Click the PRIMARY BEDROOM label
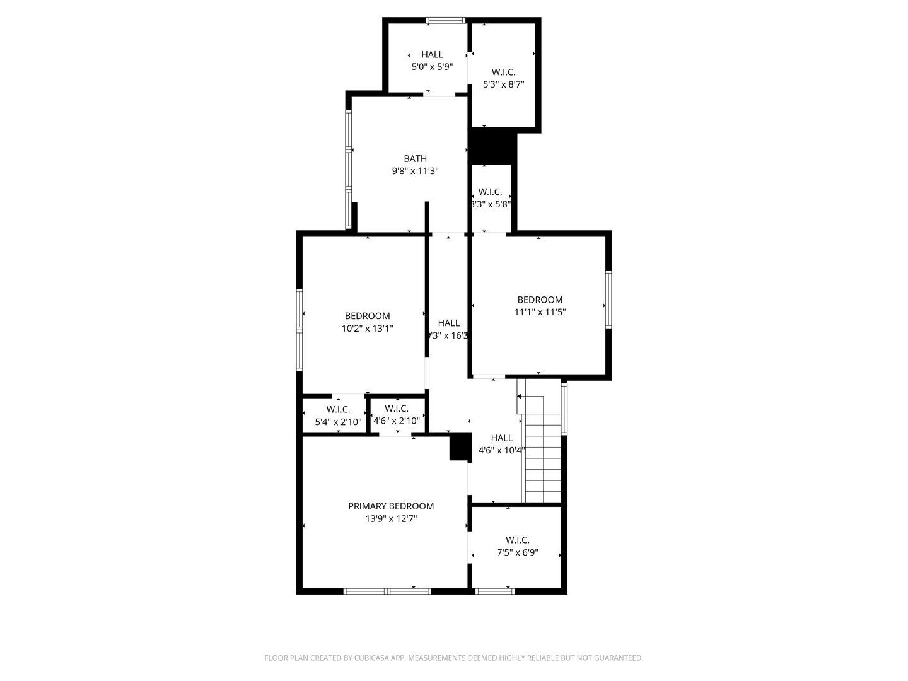coord(391,506)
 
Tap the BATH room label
coord(415,159)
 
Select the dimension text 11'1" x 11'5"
coord(540,311)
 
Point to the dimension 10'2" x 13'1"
coord(367,328)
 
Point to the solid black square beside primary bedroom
coord(460,446)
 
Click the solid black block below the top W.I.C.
coord(492,146)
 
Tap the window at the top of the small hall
coord(446,21)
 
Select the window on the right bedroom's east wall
coord(608,300)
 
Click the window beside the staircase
coord(564,409)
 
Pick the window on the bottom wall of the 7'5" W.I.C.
coord(494,591)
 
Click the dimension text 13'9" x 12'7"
coord(391,519)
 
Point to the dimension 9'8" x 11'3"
coord(415,171)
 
